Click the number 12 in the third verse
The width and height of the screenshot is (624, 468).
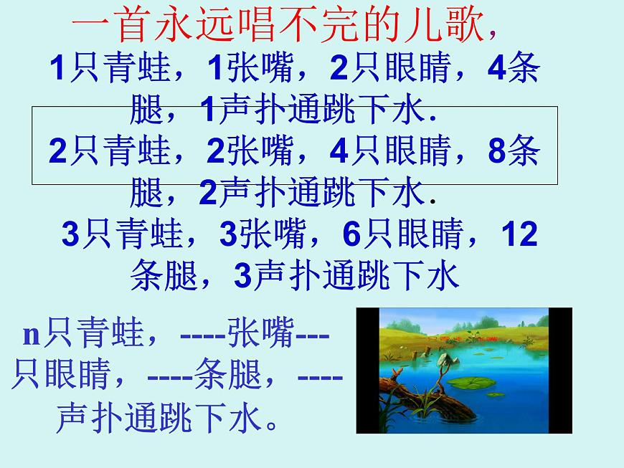click(519, 234)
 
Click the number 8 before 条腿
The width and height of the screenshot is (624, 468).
click(496, 151)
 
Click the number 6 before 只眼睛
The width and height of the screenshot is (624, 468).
click(351, 234)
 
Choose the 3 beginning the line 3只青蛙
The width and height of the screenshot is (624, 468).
click(70, 234)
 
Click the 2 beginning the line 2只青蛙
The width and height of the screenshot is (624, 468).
click(59, 151)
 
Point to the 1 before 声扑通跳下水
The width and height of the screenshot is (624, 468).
click(208, 111)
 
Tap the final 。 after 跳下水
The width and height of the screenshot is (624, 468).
click(271, 423)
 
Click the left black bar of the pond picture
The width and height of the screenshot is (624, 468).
click(367, 371)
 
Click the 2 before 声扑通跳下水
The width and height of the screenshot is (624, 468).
click(208, 193)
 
